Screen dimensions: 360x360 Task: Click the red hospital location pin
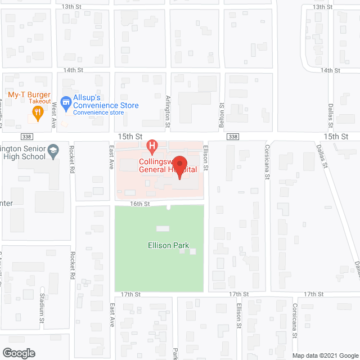pos(179,168)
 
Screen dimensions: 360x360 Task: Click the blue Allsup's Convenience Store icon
pos(66,102)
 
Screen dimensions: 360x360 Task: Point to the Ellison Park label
pos(165,246)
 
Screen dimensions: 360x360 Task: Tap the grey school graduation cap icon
pos(53,151)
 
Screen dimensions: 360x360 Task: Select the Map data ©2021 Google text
pos(325,355)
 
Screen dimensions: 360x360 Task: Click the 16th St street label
pos(139,204)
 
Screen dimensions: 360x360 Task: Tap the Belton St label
pos(221,113)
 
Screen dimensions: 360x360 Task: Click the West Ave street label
pos(55,113)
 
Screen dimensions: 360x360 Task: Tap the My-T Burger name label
pos(29,93)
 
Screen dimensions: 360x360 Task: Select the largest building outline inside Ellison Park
pos(163,228)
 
